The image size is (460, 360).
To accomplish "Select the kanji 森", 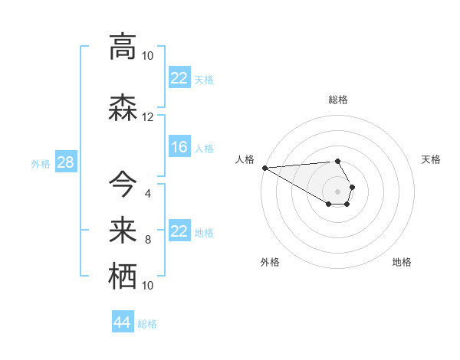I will [123, 108].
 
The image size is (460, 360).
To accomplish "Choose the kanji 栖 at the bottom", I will [123, 277].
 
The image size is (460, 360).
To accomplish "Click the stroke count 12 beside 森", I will [148, 117].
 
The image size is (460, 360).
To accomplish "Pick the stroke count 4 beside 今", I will [148, 193].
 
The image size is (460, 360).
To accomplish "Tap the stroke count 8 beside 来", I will [148, 240].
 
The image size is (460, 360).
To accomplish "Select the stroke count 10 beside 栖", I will [148, 286].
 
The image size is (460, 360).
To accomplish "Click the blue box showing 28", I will [65, 162].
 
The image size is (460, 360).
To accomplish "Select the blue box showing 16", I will [179, 147].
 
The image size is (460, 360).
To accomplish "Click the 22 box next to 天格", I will [179, 78].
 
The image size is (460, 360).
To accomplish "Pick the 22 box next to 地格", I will [179, 231].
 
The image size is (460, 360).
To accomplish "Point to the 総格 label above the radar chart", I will [338, 100].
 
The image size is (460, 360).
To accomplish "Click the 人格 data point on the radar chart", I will [264, 168].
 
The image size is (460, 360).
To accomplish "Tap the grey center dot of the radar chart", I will [338, 191].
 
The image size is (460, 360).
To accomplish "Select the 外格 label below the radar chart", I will [270, 262].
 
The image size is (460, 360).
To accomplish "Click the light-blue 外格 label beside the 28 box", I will [41, 163].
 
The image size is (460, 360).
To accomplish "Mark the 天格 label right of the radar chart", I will [432, 159].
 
